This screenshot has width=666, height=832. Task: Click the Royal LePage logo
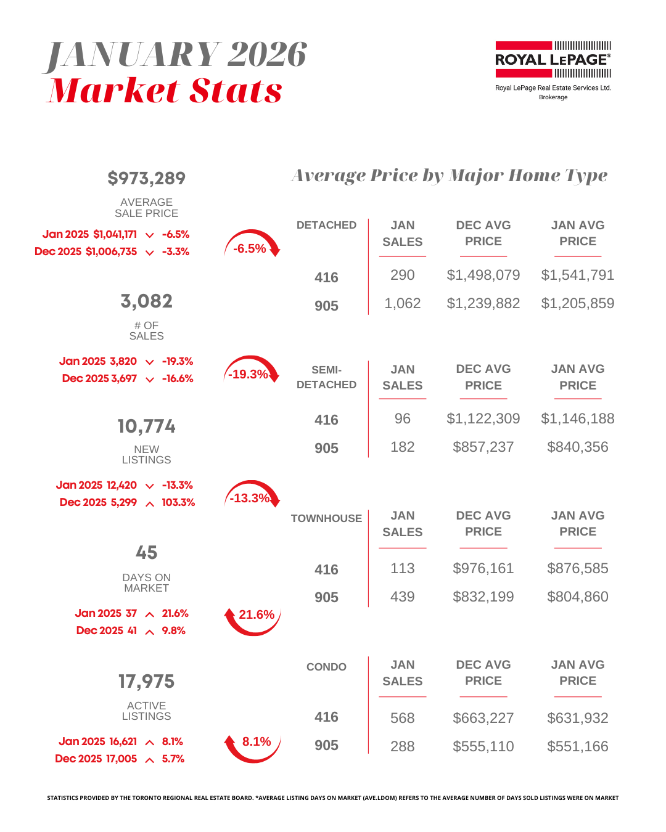point(553,60)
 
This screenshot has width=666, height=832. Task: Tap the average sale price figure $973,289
point(146,178)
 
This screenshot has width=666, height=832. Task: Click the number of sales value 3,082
point(146,301)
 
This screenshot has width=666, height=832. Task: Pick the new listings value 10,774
point(146,426)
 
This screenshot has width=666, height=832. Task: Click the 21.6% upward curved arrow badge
point(253,618)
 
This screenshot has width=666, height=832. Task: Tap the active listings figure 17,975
point(146,681)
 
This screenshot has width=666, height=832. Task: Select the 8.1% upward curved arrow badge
point(253,744)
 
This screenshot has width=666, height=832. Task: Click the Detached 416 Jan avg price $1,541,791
point(577,275)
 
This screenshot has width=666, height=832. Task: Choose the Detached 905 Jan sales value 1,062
point(402,303)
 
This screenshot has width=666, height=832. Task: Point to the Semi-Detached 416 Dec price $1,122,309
point(483,418)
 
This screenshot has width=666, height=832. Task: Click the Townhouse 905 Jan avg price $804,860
point(577,597)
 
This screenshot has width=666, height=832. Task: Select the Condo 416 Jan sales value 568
point(402,718)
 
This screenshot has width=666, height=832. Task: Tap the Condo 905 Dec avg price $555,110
point(483,746)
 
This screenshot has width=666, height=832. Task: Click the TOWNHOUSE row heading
point(326,518)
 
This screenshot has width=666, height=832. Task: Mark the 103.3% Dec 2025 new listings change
point(178,502)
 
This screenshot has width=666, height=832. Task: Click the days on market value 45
point(146,552)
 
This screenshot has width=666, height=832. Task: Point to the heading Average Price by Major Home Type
point(449,176)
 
